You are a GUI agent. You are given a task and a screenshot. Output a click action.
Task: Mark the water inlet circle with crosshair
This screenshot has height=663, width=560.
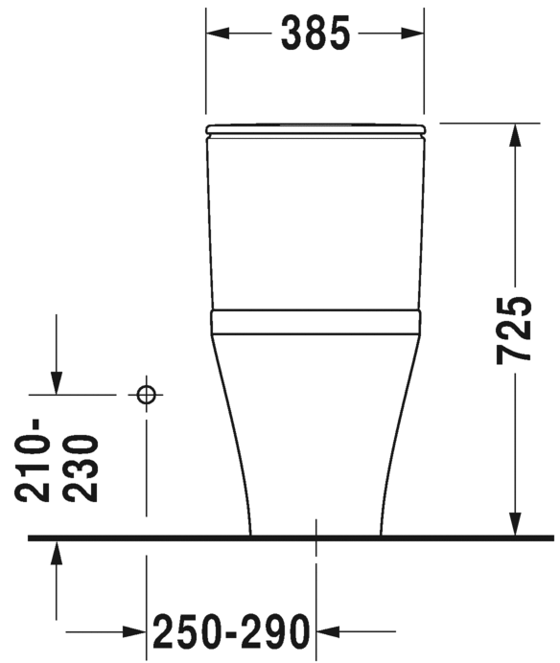point(146,394)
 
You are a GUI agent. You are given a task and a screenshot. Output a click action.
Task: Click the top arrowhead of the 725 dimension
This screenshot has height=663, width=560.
point(515,135)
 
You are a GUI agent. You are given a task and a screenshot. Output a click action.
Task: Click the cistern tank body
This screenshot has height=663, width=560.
point(315,220)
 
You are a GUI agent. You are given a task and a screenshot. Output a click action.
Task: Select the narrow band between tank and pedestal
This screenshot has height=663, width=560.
point(315,321)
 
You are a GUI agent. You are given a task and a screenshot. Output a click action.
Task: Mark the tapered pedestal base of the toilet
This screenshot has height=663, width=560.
point(315,431)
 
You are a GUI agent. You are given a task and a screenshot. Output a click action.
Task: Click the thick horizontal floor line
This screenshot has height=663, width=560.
point(288,537)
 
